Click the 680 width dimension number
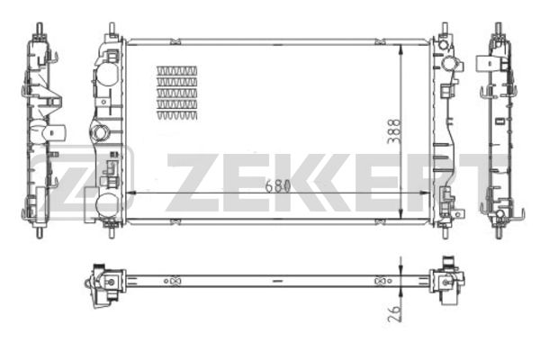click(277, 186)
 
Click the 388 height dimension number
click(393, 131)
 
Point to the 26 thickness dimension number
click(394, 313)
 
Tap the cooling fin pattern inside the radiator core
click(177, 93)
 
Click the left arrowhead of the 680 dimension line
click(130, 193)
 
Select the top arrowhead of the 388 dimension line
click(400, 49)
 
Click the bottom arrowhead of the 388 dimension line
click(400, 213)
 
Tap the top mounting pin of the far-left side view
click(40, 28)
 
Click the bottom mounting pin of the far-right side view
click(499, 232)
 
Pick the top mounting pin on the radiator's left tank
click(112, 28)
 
